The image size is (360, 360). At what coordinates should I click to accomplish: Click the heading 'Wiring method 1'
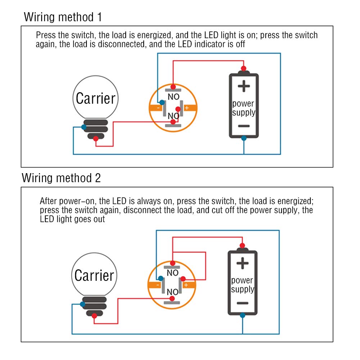click(63, 17)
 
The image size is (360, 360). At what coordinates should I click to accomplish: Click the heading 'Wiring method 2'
click(61, 178)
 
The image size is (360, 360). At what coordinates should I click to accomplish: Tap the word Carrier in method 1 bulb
click(96, 98)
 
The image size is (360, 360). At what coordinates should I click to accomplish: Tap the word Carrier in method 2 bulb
click(94, 275)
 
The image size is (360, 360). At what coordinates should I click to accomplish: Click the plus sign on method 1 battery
click(244, 86)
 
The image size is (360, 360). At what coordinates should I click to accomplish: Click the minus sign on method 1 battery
click(244, 126)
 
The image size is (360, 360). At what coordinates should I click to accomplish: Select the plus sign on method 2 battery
click(242, 264)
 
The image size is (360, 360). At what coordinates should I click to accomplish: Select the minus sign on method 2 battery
click(242, 303)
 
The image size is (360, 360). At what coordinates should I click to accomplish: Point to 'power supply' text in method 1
click(244, 108)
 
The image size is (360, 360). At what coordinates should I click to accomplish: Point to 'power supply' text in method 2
click(242, 285)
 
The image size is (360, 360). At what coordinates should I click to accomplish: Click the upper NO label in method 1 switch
click(174, 97)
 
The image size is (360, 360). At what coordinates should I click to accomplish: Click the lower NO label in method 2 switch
click(172, 292)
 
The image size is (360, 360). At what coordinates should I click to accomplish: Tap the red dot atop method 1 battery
click(244, 68)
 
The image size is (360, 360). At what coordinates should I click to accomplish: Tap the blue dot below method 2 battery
click(242, 315)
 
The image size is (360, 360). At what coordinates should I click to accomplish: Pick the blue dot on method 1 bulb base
click(84, 127)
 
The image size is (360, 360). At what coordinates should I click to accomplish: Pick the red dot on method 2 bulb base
click(94, 316)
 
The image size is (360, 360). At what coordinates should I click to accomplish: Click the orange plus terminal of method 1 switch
click(189, 108)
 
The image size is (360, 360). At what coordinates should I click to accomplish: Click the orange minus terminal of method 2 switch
click(154, 285)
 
